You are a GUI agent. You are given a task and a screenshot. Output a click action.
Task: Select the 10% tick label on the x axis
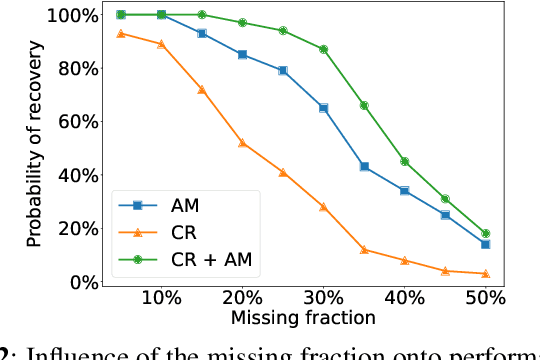coord(162,300)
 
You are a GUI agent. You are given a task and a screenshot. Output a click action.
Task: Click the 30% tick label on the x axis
coord(323,300)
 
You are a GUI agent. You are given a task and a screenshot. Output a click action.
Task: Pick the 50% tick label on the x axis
coord(485,300)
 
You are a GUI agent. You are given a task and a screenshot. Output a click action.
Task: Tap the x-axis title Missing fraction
coord(303,319)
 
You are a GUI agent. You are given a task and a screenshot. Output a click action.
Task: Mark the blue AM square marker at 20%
coord(242,55)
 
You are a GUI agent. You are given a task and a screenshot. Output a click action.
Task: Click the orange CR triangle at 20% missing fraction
coord(242,143)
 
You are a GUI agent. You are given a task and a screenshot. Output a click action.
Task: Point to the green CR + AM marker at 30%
coord(323,49)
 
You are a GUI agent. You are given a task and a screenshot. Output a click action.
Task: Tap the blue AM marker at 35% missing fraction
coord(364,167)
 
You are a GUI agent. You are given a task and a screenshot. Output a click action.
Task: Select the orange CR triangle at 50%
coord(485,273)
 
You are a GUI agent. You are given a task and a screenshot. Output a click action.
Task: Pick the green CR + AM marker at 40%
coord(404,161)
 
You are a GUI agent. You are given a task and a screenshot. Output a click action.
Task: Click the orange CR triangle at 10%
coord(161,44)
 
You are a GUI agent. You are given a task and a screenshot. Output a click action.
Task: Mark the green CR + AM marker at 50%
coord(485,233)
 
